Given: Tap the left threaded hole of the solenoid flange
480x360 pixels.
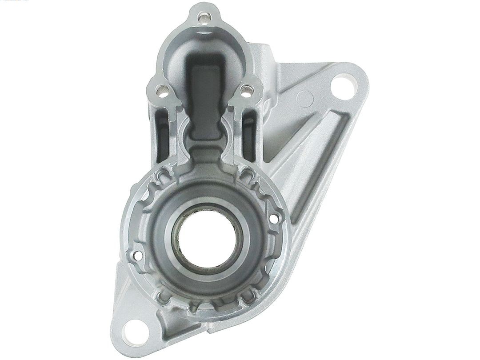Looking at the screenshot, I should pos(161,92).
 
